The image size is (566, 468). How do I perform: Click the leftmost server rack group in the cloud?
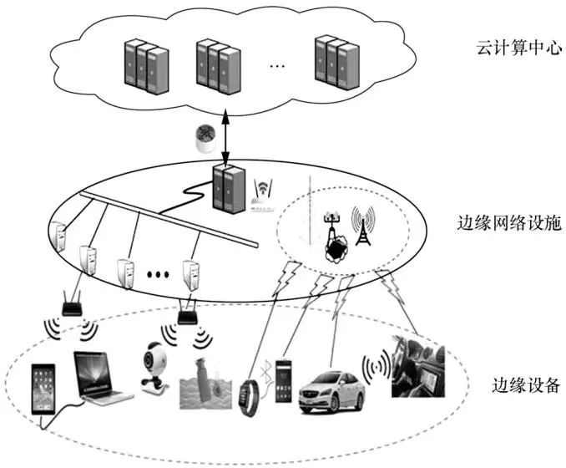[x=140, y=66]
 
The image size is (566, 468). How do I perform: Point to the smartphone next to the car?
[x=286, y=381]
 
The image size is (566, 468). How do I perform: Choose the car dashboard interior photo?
[x=417, y=365]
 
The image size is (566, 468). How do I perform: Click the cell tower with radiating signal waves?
[x=362, y=226]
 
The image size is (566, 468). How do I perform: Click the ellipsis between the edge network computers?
[x=159, y=272]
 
